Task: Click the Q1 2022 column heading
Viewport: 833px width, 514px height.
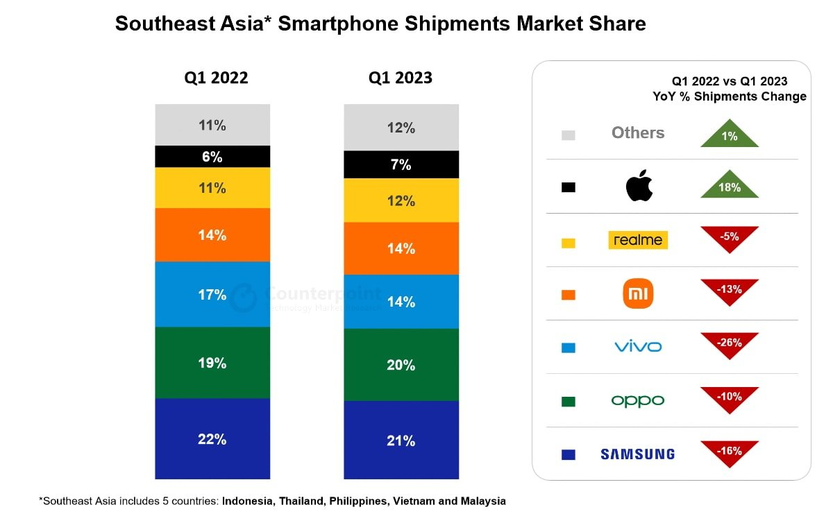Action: [216, 78]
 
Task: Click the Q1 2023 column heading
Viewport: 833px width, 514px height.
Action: [401, 78]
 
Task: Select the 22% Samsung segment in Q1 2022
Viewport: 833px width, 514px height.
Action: [212, 438]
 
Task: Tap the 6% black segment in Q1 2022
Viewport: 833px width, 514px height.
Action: [212, 157]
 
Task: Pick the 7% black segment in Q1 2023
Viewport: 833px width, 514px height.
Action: [401, 165]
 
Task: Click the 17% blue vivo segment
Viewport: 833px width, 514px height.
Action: [212, 294]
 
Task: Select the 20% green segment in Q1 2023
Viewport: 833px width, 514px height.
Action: [401, 365]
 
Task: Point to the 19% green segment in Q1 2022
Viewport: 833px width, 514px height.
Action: [212, 363]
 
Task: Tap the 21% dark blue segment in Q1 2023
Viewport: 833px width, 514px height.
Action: [401, 440]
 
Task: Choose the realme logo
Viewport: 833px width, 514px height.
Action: [638, 240]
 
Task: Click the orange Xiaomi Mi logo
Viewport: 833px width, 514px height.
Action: [639, 293]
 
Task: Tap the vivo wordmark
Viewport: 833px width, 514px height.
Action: [638, 346]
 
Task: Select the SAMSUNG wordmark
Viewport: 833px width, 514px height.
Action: [637, 454]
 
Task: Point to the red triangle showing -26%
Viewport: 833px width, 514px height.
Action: [730, 343]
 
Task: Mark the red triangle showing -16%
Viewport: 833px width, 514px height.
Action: [730, 452]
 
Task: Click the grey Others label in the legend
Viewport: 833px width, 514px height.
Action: [638, 133]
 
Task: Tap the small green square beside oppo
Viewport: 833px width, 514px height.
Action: [568, 402]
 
